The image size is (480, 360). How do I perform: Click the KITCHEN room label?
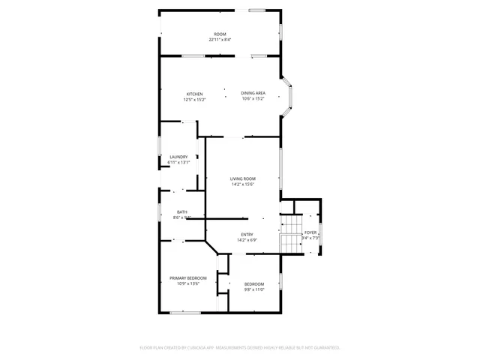click(x=194, y=94)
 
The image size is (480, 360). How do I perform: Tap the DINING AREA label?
click(x=253, y=94)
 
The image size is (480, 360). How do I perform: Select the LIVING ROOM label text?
click(x=242, y=178)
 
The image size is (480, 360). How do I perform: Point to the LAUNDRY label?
click(x=178, y=157)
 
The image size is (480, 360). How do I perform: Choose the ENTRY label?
click(x=247, y=235)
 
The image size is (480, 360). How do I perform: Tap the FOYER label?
click(x=310, y=233)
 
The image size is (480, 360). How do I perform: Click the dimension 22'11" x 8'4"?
click(x=220, y=40)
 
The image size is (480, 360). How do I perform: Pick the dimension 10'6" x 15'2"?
click(x=253, y=99)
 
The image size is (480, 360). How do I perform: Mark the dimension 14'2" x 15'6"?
click(x=242, y=184)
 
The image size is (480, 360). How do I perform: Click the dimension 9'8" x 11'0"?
click(x=254, y=289)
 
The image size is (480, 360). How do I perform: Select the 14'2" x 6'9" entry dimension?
click(x=247, y=240)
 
